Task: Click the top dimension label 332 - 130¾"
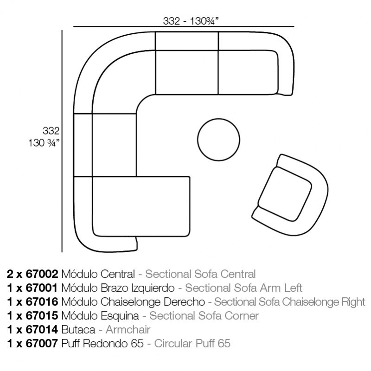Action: pos(191,21)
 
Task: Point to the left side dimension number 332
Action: pos(55,130)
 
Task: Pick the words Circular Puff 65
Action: pos(192,344)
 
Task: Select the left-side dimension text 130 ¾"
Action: pos(44,143)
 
